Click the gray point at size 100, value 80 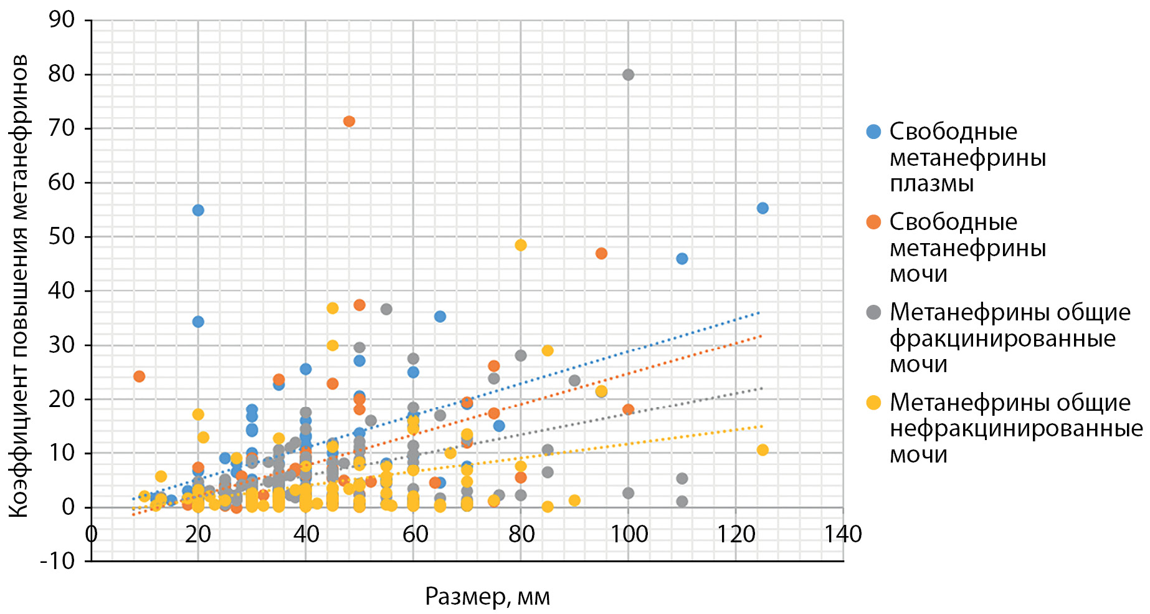628,75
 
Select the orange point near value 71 349,121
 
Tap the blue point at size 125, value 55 763,208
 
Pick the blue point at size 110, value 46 682,259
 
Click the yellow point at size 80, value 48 521,245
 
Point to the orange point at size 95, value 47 601,253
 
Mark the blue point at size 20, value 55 198,210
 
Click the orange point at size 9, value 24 139,376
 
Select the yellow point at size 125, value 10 763,450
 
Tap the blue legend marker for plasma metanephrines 873,132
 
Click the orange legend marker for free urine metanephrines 873,222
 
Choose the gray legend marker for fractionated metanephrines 873,312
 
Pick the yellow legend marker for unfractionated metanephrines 873,403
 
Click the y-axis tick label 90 61,20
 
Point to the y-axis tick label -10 57,561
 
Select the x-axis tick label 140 843,535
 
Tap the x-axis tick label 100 628,535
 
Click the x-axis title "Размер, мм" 487,597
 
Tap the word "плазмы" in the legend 931,184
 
